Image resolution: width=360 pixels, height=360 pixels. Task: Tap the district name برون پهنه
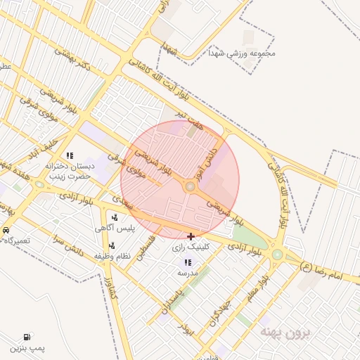coord(284,330)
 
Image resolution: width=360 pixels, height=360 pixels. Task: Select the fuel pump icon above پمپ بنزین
coord(27,337)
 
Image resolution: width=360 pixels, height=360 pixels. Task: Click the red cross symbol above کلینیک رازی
coord(191,236)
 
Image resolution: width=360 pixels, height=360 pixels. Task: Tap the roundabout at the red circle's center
coord(189,186)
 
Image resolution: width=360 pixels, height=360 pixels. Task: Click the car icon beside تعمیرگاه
coord(6,230)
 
